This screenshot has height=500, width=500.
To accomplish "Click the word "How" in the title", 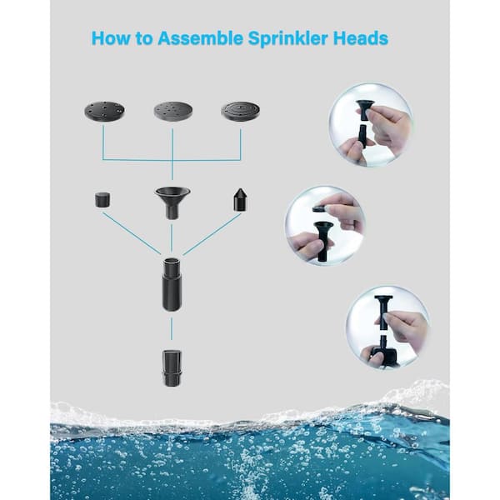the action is pyautogui.click(x=111, y=38).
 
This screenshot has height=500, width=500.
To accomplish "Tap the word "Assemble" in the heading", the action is pyautogui.click(x=200, y=38).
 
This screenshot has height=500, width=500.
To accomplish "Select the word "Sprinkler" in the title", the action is pyautogui.click(x=288, y=39).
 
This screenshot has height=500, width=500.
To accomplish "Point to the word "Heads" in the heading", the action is pyautogui.click(x=361, y=38).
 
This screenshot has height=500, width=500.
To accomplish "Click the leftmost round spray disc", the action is pyautogui.click(x=104, y=111).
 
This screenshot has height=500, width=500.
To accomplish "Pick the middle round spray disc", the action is pyautogui.click(x=173, y=111).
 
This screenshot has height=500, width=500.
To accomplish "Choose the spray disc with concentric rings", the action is pyautogui.click(x=241, y=111).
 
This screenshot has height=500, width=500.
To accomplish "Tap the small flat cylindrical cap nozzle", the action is pyautogui.click(x=103, y=200).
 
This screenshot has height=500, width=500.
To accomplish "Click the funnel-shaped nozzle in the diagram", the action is pyautogui.click(x=172, y=202).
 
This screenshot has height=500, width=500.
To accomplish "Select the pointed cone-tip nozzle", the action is pyautogui.click(x=240, y=200).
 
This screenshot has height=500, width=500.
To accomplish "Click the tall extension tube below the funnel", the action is pyautogui.click(x=172, y=284).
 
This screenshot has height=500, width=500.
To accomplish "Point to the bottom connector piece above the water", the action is pyautogui.click(x=172, y=368).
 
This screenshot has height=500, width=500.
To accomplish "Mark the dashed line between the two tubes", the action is pyautogui.click(x=172, y=329).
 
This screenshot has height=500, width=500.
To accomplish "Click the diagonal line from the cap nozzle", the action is pyautogui.click(x=132, y=233).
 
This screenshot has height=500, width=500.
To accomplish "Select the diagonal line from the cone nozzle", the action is pyautogui.click(x=212, y=234).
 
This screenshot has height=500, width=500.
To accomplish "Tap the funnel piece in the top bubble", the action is pyautogui.click(x=366, y=109).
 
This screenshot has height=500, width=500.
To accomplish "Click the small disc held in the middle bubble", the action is pyautogui.click(x=318, y=209).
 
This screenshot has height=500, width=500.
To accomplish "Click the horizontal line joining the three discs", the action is pyautogui.click(x=172, y=160).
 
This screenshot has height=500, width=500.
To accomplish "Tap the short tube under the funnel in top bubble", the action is pyautogui.click(x=362, y=135).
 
